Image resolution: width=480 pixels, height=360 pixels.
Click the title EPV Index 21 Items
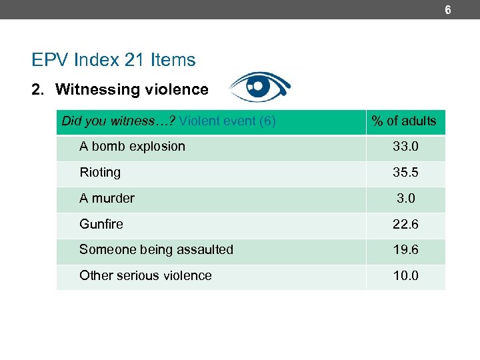click(113, 60)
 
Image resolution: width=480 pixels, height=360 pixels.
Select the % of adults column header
click(404, 121)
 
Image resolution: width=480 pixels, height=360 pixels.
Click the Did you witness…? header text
click(119, 121)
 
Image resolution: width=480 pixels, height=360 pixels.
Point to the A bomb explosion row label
click(132, 147)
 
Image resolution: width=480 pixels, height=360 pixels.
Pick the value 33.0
click(405, 147)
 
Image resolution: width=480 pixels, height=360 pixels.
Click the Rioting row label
click(100, 173)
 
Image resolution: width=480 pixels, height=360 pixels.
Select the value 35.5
click(405, 173)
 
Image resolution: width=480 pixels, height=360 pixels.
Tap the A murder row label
click(107, 199)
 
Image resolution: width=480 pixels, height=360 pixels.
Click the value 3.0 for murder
click(405, 199)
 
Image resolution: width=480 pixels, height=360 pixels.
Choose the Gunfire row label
click(101, 225)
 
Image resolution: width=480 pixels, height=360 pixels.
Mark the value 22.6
click(405, 225)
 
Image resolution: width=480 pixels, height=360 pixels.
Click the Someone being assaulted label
click(156, 250)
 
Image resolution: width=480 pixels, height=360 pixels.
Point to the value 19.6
click(405, 250)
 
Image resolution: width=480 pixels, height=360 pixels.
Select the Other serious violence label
click(145, 276)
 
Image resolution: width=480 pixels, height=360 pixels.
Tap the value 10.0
click(405, 276)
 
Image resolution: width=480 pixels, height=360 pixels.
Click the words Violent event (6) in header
click(227, 121)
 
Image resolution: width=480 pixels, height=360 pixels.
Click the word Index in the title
click(97, 60)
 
